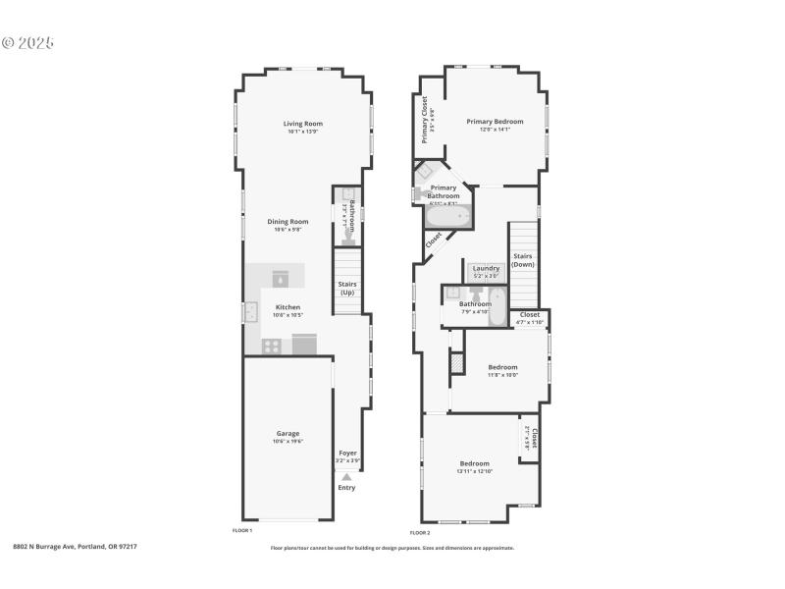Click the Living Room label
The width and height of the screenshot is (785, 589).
[303, 124]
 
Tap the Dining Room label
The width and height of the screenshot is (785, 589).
[288, 222]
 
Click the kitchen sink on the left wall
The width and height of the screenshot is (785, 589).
[249, 312]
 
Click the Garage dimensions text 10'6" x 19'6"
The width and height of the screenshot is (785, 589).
[288, 442]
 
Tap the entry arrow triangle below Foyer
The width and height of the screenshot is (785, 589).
[346, 476]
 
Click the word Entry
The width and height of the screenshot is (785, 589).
[346, 488]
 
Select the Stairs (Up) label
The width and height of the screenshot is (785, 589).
[347, 289]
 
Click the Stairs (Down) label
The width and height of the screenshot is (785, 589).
[523, 260]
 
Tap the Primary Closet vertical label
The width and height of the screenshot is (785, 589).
[425, 120]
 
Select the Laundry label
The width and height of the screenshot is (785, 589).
[486, 269]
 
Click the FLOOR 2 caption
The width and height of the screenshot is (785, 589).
[420, 532]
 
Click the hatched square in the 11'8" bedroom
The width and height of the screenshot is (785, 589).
[456, 362]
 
